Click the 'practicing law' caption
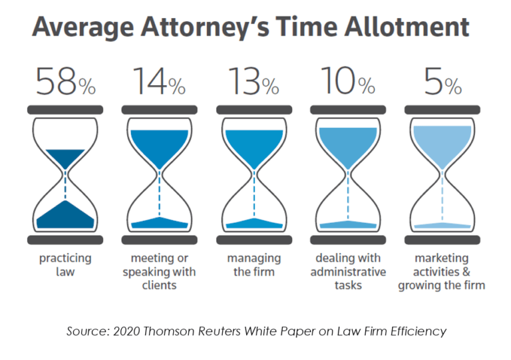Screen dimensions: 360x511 click(x=65, y=265)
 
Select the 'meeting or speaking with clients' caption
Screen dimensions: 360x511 click(x=158, y=271)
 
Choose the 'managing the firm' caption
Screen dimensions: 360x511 click(x=253, y=265)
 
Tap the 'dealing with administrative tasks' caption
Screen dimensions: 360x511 click(x=347, y=271)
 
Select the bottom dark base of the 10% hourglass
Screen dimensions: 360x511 click(x=347, y=239)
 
